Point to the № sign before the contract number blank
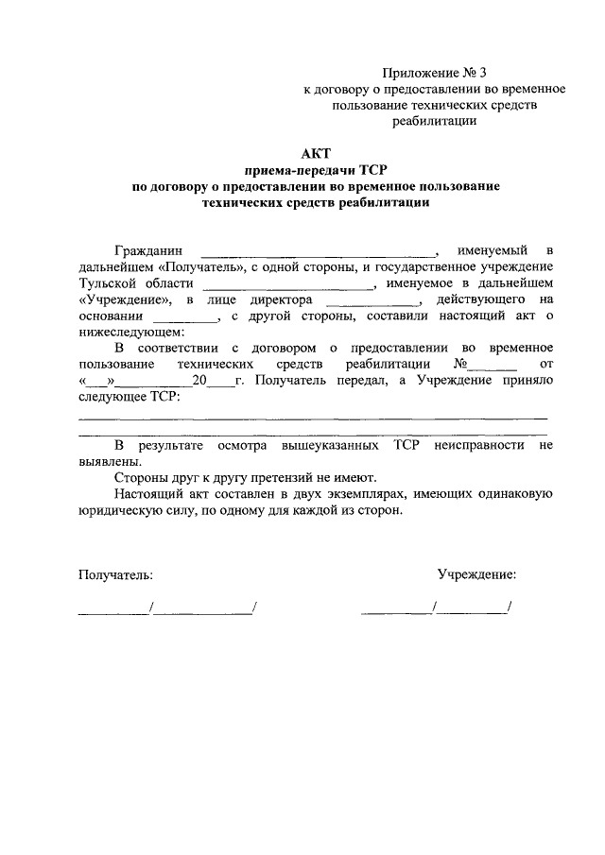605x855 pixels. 461,364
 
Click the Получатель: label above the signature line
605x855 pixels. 115,573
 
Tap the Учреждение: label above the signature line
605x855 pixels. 476,573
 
